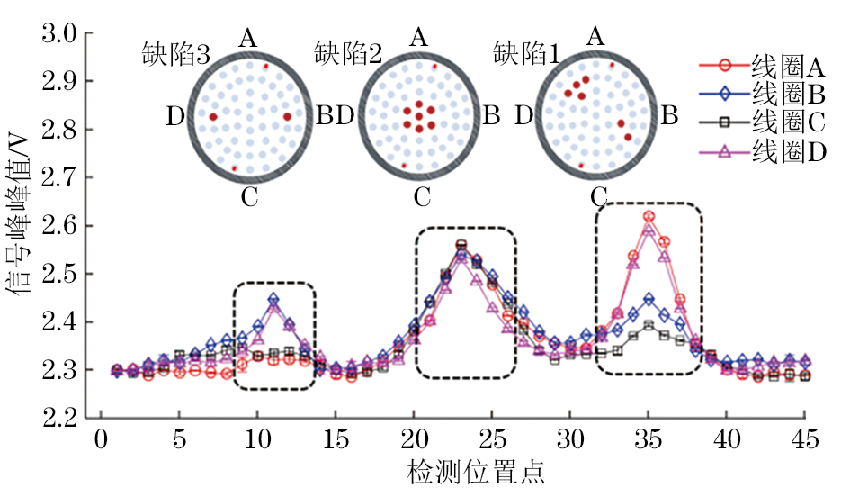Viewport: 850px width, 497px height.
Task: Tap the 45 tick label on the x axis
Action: [x=804, y=441]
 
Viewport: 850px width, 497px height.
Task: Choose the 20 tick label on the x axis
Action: [x=414, y=441]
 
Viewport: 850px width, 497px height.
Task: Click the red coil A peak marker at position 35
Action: [x=649, y=216]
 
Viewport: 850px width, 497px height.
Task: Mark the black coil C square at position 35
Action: [x=649, y=326]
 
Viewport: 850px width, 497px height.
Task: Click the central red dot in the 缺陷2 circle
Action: [x=419, y=116]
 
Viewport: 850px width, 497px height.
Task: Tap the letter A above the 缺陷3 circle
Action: [x=248, y=38]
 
